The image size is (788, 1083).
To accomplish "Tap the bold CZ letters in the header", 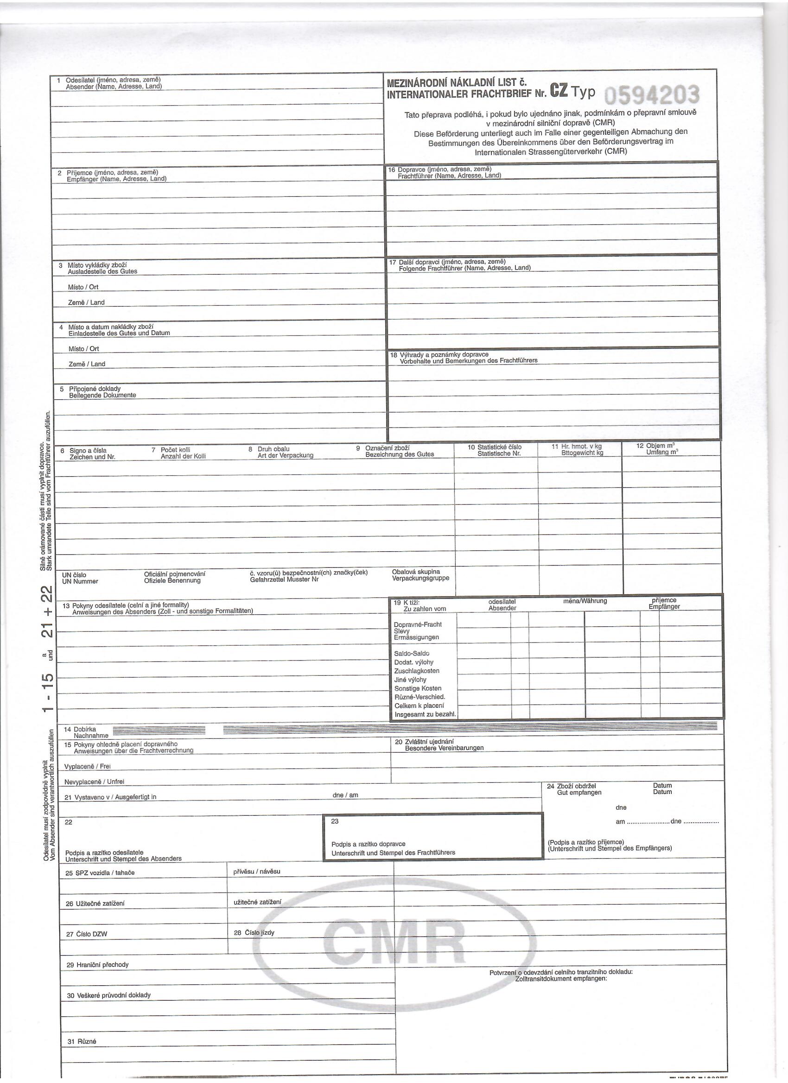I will (559, 91).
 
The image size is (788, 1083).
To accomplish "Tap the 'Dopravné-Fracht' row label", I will (417, 624).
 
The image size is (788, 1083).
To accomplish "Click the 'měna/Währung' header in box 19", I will (585, 601).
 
